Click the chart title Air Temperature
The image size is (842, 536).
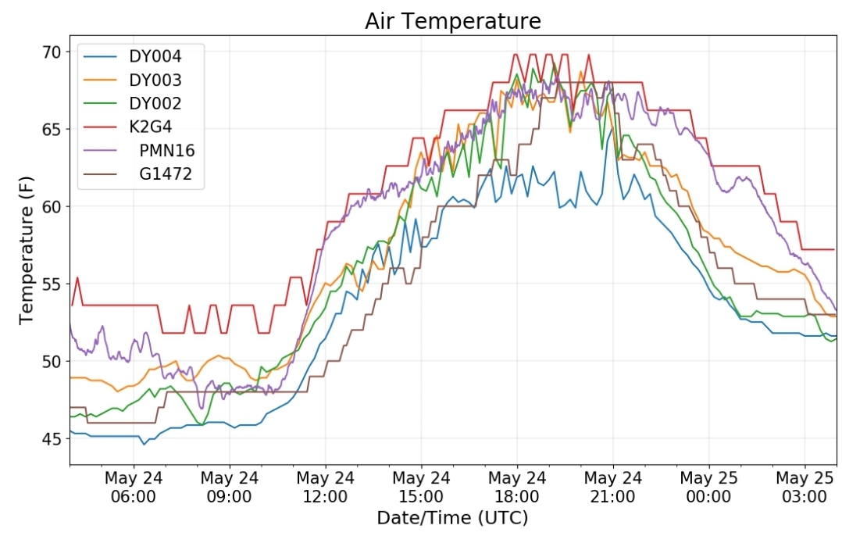(x=453, y=21)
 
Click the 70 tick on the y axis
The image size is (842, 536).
(x=52, y=52)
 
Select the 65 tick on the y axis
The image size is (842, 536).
(x=52, y=130)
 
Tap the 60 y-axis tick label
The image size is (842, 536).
(x=52, y=207)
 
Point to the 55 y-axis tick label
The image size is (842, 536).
(x=52, y=284)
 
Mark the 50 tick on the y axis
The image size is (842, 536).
(x=52, y=362)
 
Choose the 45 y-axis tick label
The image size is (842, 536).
(x=52, y=439)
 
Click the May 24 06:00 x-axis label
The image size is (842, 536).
(x=133, y=487)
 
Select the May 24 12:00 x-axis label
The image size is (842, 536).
(x=325, y=487)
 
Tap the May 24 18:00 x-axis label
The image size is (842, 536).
(x=517, y=487)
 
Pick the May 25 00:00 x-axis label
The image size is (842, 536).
(x=709, y=487)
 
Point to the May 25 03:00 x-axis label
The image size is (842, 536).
(x=805, y=487)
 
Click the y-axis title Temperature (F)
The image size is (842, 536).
(x=26, y=251)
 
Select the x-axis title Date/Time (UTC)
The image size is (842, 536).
(x=453, y=518)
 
